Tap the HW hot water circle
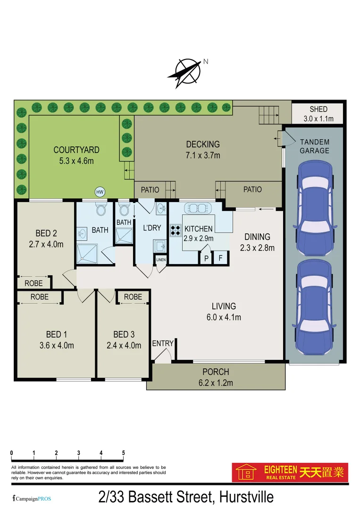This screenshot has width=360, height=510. (x=100, y=192)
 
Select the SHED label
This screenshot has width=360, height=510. (x=318, y=110)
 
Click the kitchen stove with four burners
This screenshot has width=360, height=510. (x=176, y=230)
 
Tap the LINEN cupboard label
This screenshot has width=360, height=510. (x=160, y=259)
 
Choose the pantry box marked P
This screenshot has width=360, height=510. (x=206, y=258)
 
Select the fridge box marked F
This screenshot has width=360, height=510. (x=220, y=258)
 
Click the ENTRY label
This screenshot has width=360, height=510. (x=163, y=344)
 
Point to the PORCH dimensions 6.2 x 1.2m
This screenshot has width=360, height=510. (x=216, y=383)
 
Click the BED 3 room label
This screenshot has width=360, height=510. (x=124, y=335)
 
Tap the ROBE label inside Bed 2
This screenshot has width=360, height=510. (x=33, y=283)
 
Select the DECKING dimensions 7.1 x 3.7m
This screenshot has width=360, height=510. (x=203, y=155)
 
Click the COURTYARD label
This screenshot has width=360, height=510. (x=76, y=150)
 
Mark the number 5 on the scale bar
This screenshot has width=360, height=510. (x=124, y=453)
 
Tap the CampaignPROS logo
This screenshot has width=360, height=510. (x=32, y=499)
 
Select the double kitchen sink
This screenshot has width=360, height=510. (x=198, y=208)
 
